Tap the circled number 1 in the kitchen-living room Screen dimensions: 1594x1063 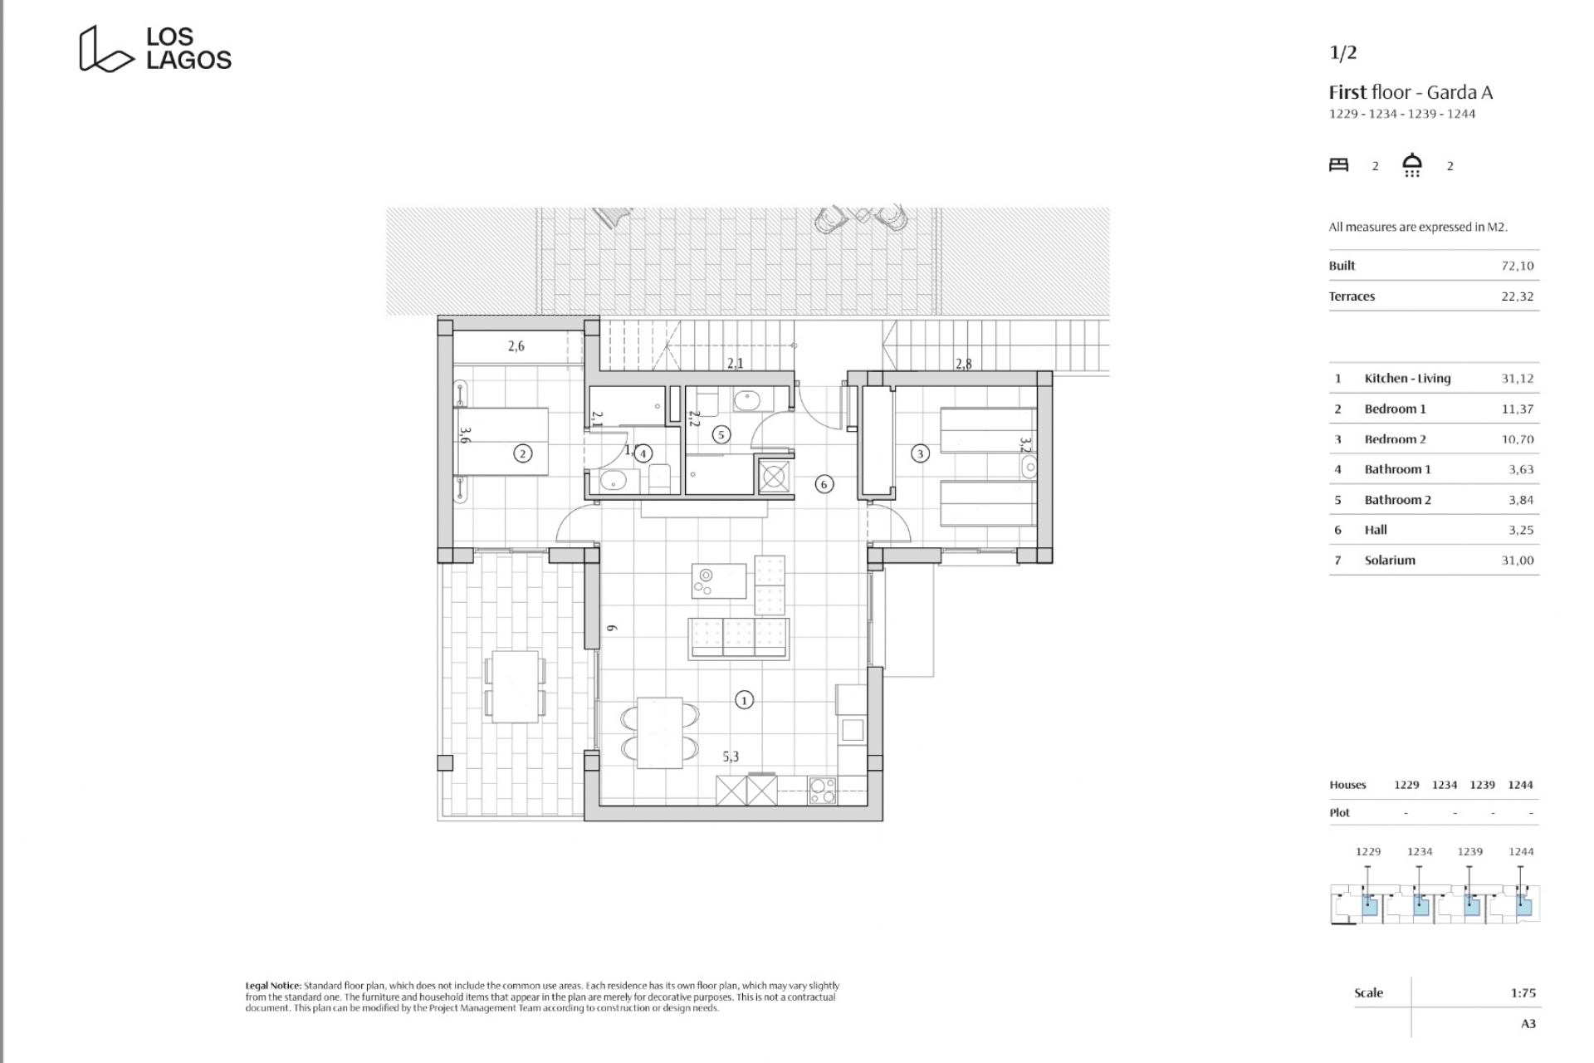[744, 700]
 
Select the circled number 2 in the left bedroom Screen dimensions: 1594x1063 [523, 453]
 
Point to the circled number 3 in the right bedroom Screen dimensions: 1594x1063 [920, 453]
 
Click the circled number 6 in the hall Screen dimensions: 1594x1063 [824, 484]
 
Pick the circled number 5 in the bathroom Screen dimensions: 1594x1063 [721, 434]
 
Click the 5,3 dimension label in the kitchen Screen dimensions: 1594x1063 [731, 757]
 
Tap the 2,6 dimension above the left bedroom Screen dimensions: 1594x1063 [516, 346]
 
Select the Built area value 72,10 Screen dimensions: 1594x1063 [1518, 266]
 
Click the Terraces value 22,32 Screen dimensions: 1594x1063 [1518, 296]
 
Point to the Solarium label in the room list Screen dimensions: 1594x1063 [1390, 561]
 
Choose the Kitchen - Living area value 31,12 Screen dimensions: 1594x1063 [1518, 379]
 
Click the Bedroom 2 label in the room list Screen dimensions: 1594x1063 [1396, 439]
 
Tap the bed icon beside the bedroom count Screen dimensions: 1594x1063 [1339, 165]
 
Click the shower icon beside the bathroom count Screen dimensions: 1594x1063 [1412, 165]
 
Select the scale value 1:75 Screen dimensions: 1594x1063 [1523, 993]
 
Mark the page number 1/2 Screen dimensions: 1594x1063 [1343, 53]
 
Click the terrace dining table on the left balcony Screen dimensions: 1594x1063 [515, 686]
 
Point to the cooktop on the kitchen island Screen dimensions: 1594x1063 [719, 580]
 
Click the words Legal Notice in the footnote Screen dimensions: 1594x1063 [273, 986]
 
